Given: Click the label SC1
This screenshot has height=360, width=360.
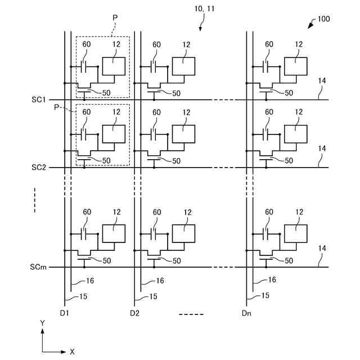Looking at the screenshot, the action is tap(39, 100).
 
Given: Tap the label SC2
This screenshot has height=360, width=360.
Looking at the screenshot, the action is tap(39, 168).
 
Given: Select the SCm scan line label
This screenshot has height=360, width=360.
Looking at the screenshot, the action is tap(38, 267).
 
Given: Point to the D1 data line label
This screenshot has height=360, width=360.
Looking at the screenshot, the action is tap(64, 313).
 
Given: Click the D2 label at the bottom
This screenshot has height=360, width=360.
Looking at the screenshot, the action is tap(134, 313).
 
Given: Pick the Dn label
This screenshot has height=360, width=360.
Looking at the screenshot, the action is tap(246, 313).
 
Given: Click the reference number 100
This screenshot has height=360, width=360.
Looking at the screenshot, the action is tap(323, 19).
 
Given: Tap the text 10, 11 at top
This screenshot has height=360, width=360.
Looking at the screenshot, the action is tap(204, 9).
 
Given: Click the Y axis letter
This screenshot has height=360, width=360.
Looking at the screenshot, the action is tap(43, 323).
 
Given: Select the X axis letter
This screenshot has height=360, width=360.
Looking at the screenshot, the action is tap(72, 352).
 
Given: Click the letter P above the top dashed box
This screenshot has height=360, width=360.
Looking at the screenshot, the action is tap(115, 17).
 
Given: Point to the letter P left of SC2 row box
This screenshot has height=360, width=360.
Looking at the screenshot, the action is tap(56, 107).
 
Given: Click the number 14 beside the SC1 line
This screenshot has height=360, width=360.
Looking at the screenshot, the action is tap(322, 80).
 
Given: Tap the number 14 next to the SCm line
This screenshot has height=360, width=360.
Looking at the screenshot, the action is tap(322, 248).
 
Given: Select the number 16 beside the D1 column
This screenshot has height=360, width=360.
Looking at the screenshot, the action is tap(90, 281).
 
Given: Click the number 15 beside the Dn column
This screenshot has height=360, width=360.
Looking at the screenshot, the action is tap(265, 295).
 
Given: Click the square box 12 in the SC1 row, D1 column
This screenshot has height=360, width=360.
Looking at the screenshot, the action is tap(114, 66).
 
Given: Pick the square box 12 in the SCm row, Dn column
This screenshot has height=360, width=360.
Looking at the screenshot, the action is tap(296, 233).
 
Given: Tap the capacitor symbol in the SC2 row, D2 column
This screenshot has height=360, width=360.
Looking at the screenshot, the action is tap(154, 134).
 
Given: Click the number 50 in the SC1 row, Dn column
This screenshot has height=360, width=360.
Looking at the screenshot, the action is tap(289, 93).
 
